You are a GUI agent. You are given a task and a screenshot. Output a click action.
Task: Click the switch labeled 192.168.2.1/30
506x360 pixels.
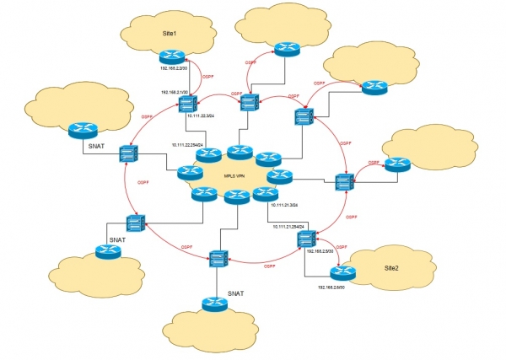(x=187, y=104)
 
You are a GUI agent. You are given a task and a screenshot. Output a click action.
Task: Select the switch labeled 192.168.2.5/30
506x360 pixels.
(x=305, y=240)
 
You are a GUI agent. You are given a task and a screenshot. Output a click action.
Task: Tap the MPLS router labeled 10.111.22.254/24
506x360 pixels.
(x=207, y=155)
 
